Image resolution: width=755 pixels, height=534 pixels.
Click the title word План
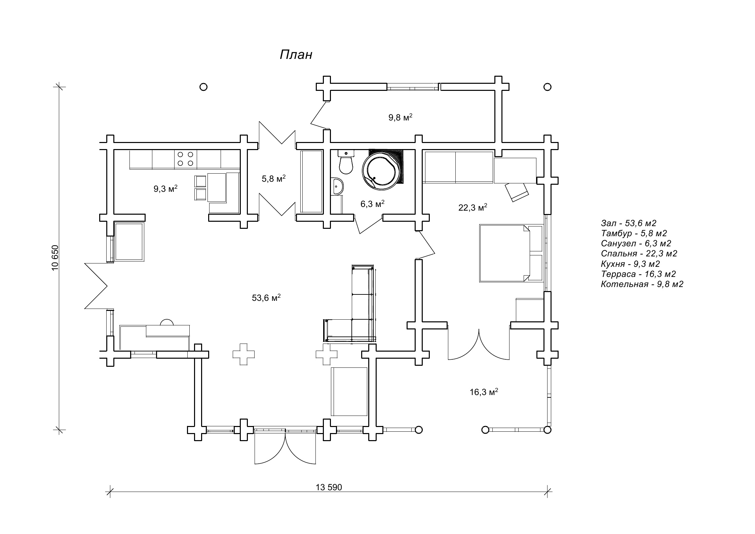coord(296,55)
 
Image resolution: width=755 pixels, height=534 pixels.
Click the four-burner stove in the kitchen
coord(186,159)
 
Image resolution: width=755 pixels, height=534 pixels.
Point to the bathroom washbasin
coord(337,186)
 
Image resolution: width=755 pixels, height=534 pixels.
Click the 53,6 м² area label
coord(266,298)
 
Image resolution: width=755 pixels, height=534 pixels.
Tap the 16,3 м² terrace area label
coord(484,392)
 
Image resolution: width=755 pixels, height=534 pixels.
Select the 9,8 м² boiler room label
coord(400,118)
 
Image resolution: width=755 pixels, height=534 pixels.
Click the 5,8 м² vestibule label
coord(273,179)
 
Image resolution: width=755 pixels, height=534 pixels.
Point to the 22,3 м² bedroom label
coord(473,208)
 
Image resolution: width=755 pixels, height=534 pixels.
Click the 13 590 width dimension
coord(329,487)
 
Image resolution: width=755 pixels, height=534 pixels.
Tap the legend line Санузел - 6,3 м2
coord(636,243)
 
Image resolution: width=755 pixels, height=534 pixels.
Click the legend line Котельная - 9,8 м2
coord(642,284)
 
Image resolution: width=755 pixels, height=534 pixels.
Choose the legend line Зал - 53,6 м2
coord(628,223)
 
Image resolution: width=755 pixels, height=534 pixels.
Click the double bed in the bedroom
coord(511,253)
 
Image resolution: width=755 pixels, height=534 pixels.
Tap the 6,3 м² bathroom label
coord(372,204)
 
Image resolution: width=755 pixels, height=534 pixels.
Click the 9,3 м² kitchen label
coord(165,189)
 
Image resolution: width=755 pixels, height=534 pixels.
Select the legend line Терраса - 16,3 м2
coord(638,274)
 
